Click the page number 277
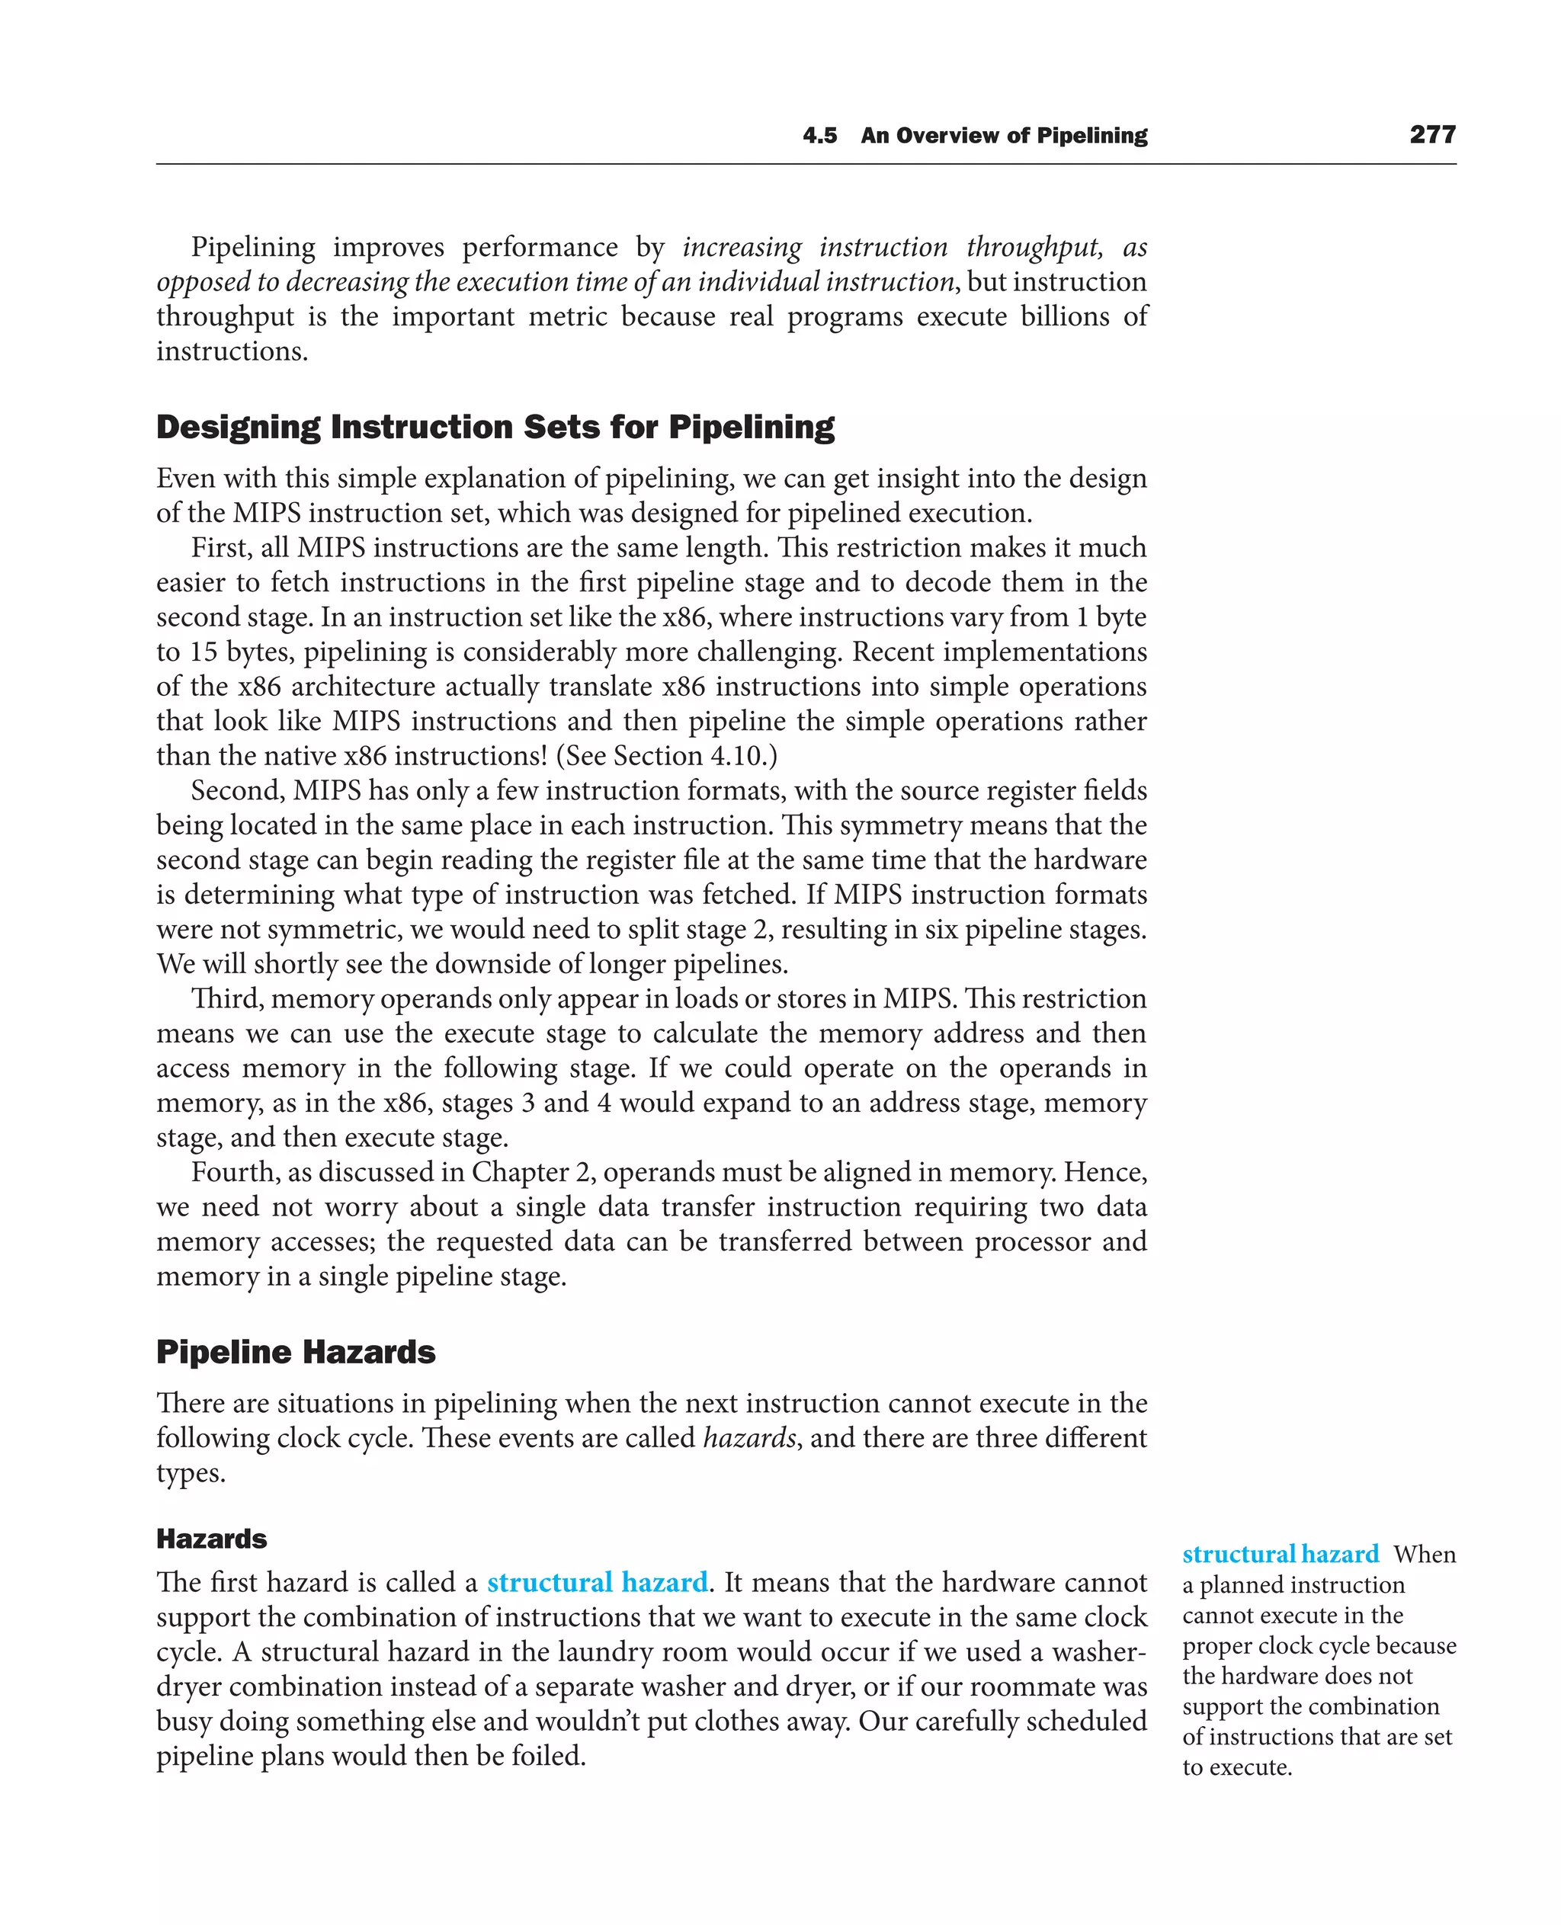1431,135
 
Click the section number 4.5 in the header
819,136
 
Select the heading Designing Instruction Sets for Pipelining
495,427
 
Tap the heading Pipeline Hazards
296,1352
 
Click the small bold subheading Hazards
211,1539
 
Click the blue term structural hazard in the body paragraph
597,1582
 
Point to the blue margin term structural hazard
1280,1555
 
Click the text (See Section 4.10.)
666,755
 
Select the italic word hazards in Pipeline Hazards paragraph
748,1439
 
